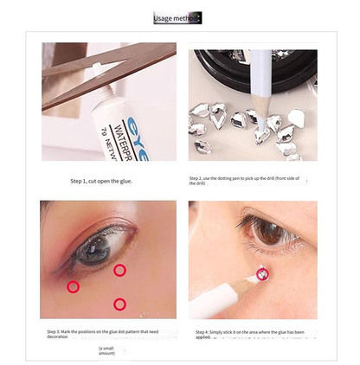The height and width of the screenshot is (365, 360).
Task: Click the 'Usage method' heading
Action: [177, 18]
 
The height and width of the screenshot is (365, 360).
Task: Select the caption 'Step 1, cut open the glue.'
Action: [101, 182]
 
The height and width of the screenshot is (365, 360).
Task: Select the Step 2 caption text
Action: [251, 182]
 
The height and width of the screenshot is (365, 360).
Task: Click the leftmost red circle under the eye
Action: [73, 286]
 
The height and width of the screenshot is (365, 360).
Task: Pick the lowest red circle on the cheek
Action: [119, 303]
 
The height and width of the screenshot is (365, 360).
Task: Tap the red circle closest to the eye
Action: [119, 271]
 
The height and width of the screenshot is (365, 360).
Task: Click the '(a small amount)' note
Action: [107, 349]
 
